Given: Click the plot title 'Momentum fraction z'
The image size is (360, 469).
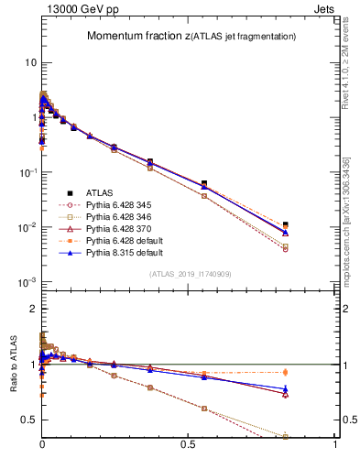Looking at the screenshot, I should click(138, 36).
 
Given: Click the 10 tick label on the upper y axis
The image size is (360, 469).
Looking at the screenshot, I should click(30, 62).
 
